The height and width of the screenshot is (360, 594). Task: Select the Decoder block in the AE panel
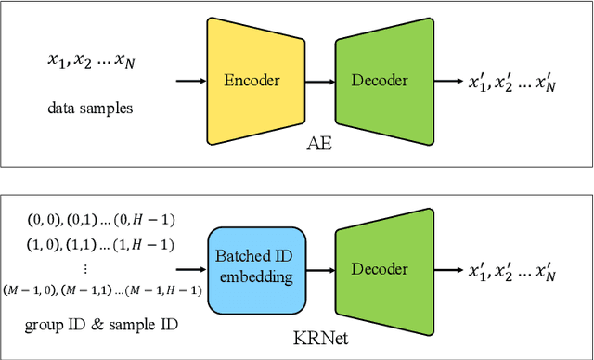coord(381,80)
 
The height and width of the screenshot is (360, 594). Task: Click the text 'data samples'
coord(90,108)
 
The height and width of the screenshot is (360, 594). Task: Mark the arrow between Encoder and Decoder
coord(321,82)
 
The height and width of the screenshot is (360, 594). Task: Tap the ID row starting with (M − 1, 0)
coord(101,289)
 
